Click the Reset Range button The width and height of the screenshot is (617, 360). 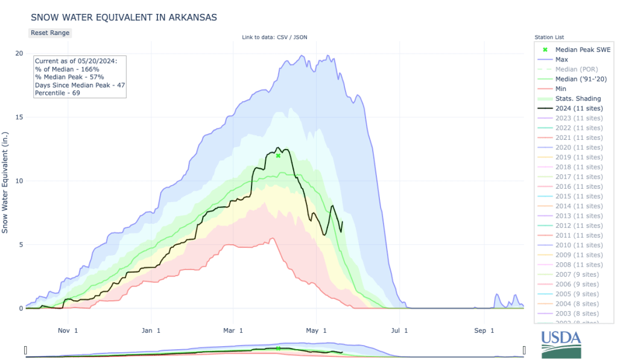(50, 33)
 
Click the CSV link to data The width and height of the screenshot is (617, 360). (282, 37)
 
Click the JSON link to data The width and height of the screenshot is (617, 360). (300, 37)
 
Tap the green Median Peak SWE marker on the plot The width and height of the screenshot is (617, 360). (278, 156)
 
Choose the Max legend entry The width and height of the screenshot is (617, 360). (562, 60)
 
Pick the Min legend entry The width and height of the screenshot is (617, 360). (561, 89)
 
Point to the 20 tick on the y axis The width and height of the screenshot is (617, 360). (19, 53)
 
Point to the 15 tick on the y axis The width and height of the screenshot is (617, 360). (19, 117)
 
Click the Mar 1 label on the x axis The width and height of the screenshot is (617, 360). (233, 330)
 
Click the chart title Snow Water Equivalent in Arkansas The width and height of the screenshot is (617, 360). (124, 17)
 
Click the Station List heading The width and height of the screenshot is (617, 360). (549, 37)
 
